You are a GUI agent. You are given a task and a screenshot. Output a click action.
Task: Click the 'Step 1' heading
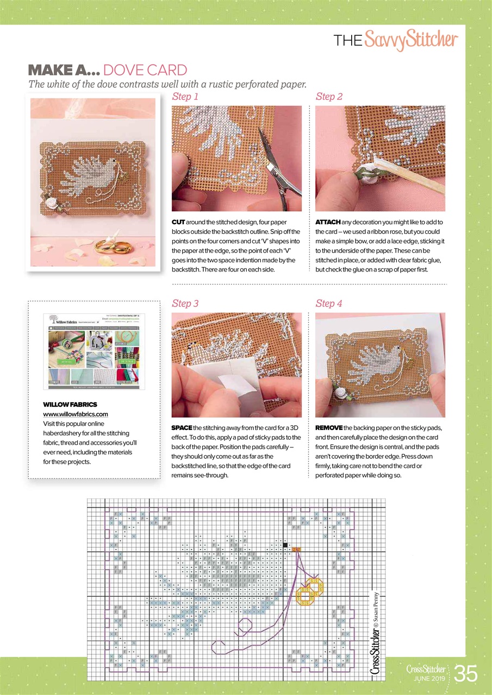pos(185,97)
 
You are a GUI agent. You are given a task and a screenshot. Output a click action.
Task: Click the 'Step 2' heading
pos(329,97)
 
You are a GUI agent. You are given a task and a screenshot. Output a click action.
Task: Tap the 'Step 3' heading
pos(185,304)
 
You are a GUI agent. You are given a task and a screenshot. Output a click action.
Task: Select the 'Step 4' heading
pos(329,304)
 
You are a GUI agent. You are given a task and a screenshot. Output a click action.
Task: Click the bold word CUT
pos(178,223)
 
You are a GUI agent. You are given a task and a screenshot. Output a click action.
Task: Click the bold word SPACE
pos(182,428)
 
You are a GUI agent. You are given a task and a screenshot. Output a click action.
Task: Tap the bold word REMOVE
pos(329,428)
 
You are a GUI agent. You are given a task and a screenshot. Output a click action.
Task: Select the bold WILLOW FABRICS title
pos(70,405)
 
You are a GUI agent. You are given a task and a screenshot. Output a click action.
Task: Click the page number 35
pos(466,674)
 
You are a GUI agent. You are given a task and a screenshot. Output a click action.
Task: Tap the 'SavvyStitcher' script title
pos(411,40)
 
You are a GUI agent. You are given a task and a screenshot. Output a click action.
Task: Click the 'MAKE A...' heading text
pos(63,70)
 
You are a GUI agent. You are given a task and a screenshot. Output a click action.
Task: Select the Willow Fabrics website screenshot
pos(94,351)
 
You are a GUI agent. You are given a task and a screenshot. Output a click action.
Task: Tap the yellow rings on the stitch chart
pos(310,590)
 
